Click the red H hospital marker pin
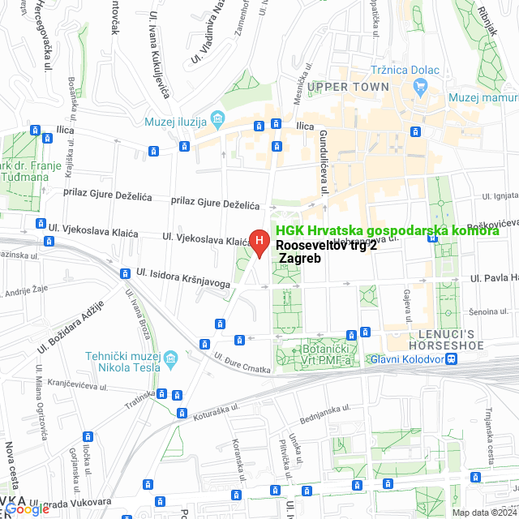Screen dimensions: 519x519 [x=259, y=241]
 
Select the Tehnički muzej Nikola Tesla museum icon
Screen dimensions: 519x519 [x=170, y=358]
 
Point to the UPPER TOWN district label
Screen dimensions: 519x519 [x=348, y=87]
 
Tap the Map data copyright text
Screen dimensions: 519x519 [x=483, y=513]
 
